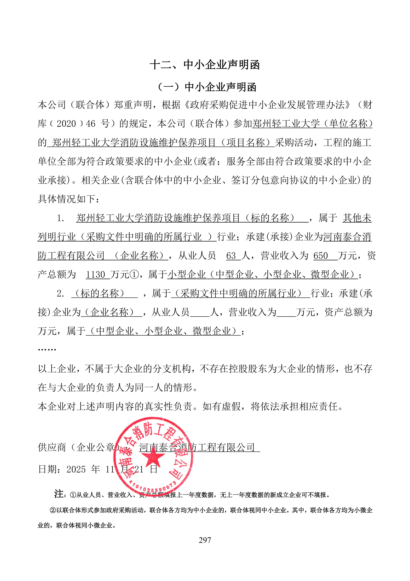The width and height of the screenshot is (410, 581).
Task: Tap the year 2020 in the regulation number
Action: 66,124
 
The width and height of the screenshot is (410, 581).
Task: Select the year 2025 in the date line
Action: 76,469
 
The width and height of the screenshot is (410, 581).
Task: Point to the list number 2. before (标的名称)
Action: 60,294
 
